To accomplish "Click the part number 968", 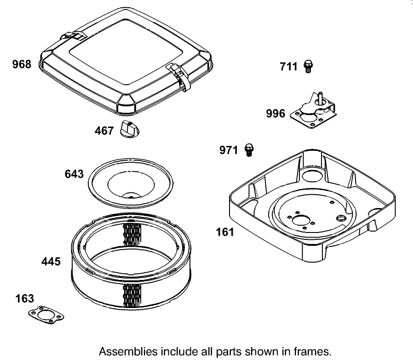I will (22, 64).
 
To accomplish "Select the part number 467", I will (104, 131).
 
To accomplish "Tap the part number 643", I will (75, 174).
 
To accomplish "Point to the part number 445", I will (51, 261).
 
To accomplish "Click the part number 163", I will (24, 298).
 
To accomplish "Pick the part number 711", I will (289, 67).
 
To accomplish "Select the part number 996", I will (275, 113).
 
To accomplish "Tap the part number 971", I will (229, 150).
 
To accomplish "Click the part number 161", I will (225, 232).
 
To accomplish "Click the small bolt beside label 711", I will (309, 67).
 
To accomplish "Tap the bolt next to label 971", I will (249, 150).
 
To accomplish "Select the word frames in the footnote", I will (313, 351).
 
